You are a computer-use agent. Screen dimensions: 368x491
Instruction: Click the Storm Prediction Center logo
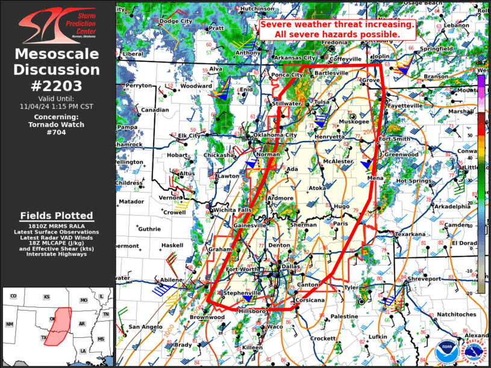tap(57, 25)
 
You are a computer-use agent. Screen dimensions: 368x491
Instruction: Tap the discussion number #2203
tap(57, 86)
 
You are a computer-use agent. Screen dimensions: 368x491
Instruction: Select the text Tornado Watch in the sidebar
tap(57, 125)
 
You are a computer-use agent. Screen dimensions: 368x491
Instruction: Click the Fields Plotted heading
tap(57, 216)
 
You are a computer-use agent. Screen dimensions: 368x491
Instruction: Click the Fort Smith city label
tap(394, 139)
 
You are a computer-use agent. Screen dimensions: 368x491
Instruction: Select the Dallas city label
tap(290, 266)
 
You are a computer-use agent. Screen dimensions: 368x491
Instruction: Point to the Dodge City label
tap(175, 21)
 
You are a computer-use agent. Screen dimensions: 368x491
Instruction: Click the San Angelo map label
tap(145, 326)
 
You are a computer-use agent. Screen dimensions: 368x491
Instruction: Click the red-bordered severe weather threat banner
tap(337, 30)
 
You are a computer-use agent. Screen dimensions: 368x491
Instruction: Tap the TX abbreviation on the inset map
tap(43, 337)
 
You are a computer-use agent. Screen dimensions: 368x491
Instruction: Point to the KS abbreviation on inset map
tap(46, 296)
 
